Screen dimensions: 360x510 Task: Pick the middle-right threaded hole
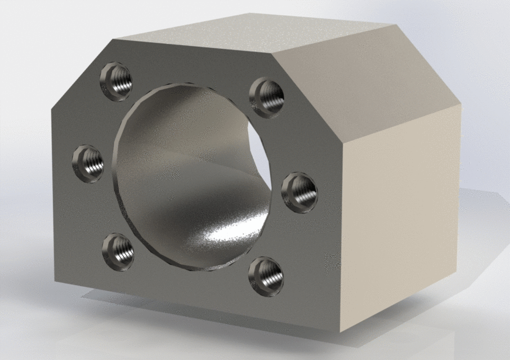pyautogui.click(x=299, y=189)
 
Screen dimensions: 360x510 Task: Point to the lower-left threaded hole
pyautogui.click(x=118, y=247)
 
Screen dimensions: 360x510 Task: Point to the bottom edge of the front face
pyautogui.click(x=197, y=307)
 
